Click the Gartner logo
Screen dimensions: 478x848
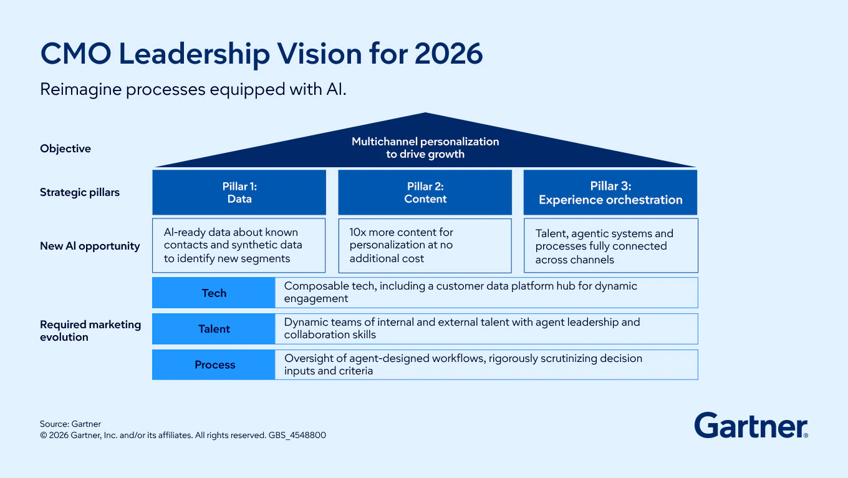pyautogui.click(x=751, y=426)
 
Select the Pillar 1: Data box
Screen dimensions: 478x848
pyautogui.click(x=239, y=192)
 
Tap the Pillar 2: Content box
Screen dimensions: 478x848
pyautogui.click(x=425, y=192)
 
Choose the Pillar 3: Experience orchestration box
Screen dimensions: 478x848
pyautogui.click(x=610, y=193)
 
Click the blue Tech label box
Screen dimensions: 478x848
pyautogui.click(x=213, y=293)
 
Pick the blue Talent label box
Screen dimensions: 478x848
pyautogui.click(x=213, y=329)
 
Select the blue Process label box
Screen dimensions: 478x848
pyautogui.click(x=213, y=365)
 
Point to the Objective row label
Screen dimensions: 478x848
pyautogui.click(x=65, y=149)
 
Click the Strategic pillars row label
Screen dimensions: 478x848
pyautogui.click(x=80, y=192)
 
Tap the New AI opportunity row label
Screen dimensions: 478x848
pyautogui.click(x=90, y=246)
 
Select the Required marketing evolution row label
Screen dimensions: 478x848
pyautogui.click(x=90, y=331)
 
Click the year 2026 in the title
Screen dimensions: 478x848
pyautogui.click(x=448, y=54)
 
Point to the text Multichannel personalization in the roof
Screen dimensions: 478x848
pyautogui.click(x=425, y=142)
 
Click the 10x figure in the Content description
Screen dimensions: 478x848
pyautogui.click(x=358, y=232)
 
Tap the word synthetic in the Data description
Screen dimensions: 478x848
pyautogui.click(x=253, y=245)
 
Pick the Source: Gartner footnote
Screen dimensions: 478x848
pyautogui.click(x=70, y=424)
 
